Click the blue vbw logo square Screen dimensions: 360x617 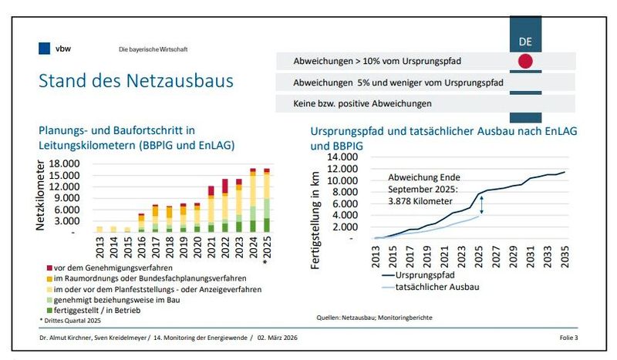(44, 49)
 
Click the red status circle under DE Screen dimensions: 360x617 (525, 62)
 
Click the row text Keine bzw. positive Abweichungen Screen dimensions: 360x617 (362, 103)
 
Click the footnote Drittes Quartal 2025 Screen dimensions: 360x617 (72, 318)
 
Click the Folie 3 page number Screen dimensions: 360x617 (569, 338)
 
